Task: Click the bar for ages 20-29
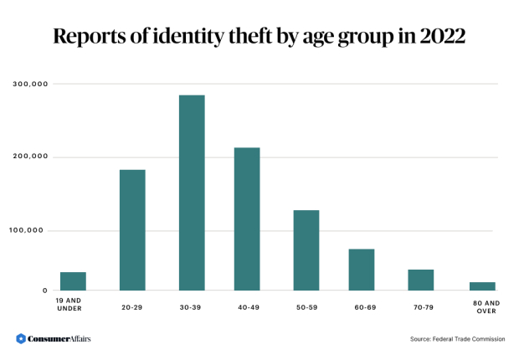pyautogui.click(x=132, y=230)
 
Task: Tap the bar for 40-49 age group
pyautogui.click(x=247, y=219)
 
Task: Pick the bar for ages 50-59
pyautogui.click(x=306, y=250)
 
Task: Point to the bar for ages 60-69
pyautogui.click(x=362, y=270)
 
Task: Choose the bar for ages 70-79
pyautogui.click(x=420, y=280)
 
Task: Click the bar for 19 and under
pyautogui.click(x=73, y=281)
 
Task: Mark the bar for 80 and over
pyautogui.click(x=482, y=286)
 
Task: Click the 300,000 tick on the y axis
pyautogui.click(x=30, y=84)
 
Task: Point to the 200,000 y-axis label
pyautogui.click(x=30, y=157)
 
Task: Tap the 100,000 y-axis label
pyautogui.click(x=30, y=230)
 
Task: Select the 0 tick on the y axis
pyautogui.click(x=45, y=291)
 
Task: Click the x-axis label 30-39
pyautogui.click(x=191, y=307)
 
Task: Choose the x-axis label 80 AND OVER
pyautogui.click(x=485, y=306)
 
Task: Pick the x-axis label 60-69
pyautogui.click(x=364, y=307)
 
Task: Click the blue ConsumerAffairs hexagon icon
pyautogui.click(x=21, y=338)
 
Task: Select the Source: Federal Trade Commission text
pyautogui.click(x=457, y=339)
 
